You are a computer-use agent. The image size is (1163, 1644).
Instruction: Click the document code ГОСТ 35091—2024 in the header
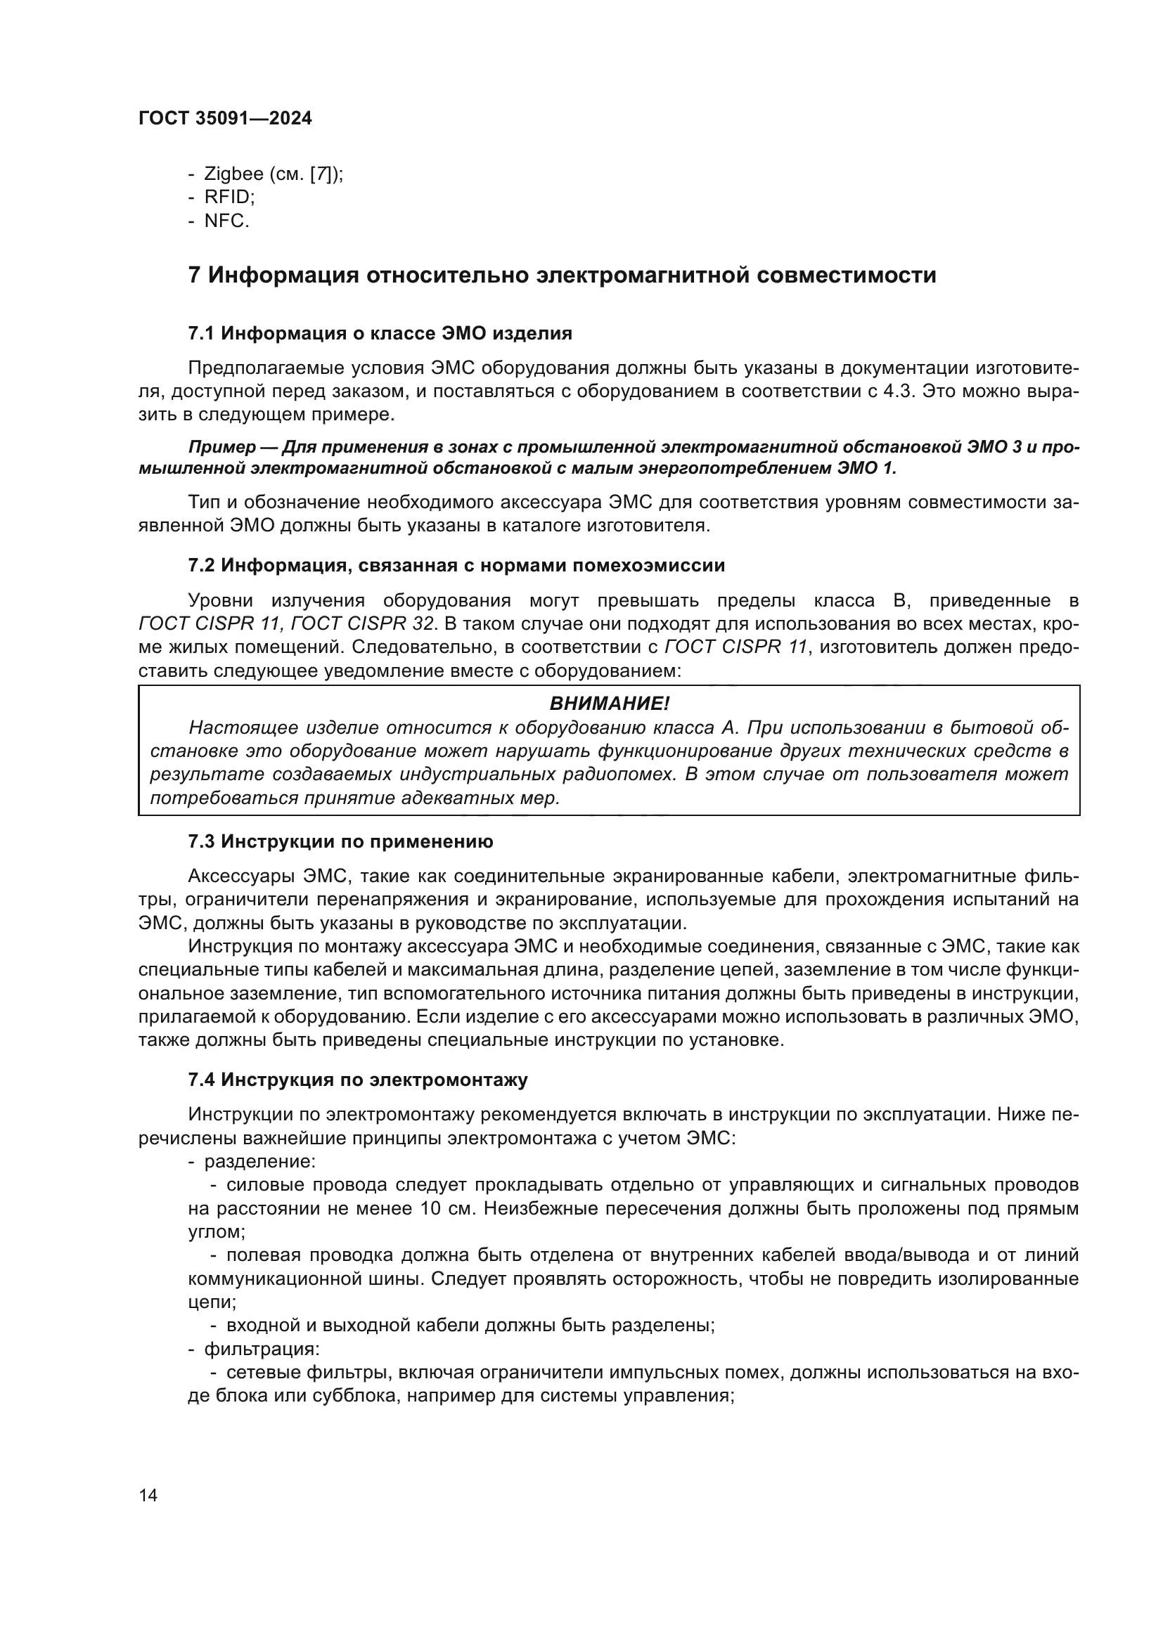click(x=225, y=119)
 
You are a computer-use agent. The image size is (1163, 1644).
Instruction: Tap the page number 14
click(x=148, y=1495)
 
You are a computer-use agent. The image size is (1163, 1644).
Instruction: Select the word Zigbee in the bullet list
click(x=233, y=174)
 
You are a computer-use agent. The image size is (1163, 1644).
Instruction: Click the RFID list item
click(x=229, y=198)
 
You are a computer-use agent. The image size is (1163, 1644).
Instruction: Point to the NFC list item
click(x=226, y=221)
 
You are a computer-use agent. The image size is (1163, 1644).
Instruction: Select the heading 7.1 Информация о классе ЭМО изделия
click(x=380, y=333)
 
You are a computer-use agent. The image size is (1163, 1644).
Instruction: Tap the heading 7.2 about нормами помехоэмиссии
click(x=456, y=566)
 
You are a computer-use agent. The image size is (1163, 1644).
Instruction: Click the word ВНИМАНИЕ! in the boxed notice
click(x=609, y=704)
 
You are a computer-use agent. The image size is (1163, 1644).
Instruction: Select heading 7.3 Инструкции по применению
click(x=340, y=842)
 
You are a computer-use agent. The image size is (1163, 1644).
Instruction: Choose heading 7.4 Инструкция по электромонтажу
click(x=357, y=1080)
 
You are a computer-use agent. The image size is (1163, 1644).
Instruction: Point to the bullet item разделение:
click(x=260, y=1161)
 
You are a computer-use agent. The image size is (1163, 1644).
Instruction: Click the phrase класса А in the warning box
click(x=698, y=728)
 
